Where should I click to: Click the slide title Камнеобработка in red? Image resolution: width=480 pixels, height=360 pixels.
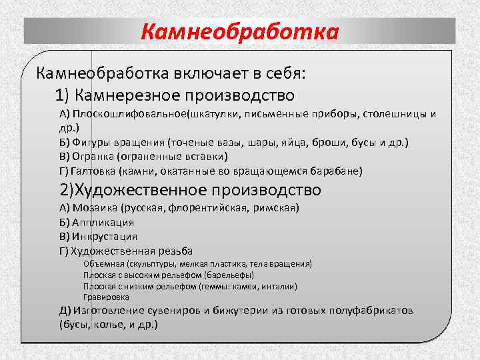click(240, 31)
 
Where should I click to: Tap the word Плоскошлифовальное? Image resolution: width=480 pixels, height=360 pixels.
click(131, 113)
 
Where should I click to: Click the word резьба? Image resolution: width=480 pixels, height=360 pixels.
click(175, 251)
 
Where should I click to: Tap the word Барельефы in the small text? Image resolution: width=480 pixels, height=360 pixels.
click(230, 275)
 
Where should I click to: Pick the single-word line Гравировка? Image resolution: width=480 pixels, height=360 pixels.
click(107, 297)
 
